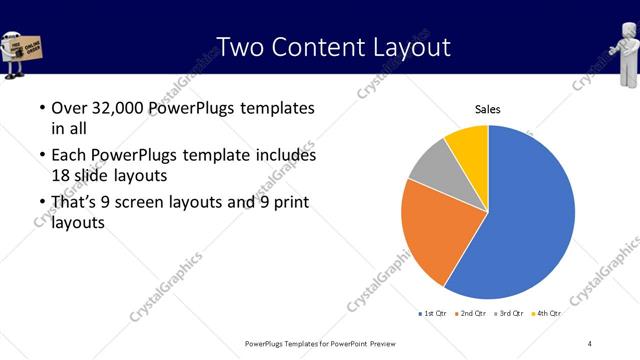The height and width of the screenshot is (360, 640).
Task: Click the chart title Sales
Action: [487, 110]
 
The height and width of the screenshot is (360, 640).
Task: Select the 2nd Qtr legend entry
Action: [469, 314]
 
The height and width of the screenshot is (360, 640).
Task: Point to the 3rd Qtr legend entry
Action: [508, 314]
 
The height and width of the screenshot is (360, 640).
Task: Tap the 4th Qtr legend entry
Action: [546, 314]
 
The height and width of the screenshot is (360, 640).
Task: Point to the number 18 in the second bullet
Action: [61, 175]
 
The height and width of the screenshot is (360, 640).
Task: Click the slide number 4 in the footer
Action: [589, 343]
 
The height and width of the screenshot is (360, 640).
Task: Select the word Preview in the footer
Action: [369, 343]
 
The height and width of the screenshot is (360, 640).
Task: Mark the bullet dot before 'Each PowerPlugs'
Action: [41, 156]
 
